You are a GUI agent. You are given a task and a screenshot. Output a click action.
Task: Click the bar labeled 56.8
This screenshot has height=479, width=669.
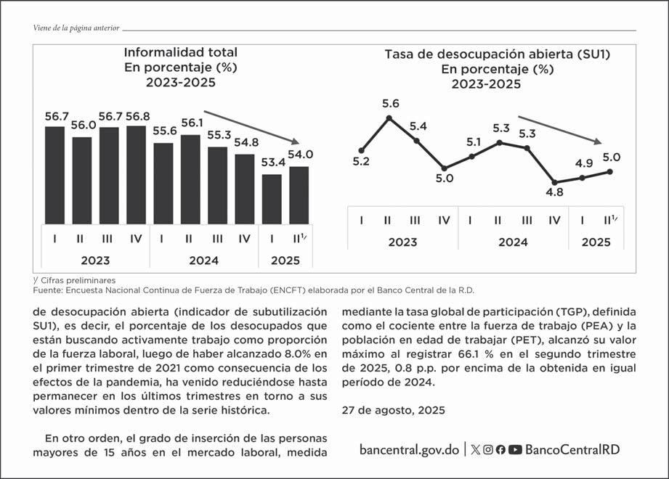coord(136,174)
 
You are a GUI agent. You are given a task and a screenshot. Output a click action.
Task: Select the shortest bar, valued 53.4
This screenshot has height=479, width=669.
coord(272,199)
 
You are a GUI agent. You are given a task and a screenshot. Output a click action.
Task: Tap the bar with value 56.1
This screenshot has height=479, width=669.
coord(190,179)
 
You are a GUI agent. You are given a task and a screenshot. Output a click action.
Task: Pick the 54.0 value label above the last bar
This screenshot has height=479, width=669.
coord(300,155)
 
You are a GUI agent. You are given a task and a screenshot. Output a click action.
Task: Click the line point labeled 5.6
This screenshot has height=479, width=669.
coord(390,117)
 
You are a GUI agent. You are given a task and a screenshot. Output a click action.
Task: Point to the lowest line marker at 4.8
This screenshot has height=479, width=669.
coord(555,183)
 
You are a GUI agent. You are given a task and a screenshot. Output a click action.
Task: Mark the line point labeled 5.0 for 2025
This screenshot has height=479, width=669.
coord(610,171)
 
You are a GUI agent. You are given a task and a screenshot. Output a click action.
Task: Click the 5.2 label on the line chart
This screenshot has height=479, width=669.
coord(361,161)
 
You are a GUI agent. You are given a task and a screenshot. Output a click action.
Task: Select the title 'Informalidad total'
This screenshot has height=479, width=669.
coord(181,52)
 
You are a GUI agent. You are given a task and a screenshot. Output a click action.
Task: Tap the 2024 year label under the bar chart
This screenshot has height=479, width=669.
coord(203,260)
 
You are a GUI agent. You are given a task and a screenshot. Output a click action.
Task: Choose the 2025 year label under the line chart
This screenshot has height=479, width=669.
coord(596,242)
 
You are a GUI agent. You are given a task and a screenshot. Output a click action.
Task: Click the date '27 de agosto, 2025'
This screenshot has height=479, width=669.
coord(393,410)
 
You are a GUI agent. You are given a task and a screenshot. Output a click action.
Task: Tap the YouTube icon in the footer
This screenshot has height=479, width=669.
coord(515,449)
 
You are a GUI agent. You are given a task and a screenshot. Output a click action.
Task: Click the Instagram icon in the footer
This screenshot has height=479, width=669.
coord(488,449)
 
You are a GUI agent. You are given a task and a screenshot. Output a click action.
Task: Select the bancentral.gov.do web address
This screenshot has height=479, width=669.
coord(409,449)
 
